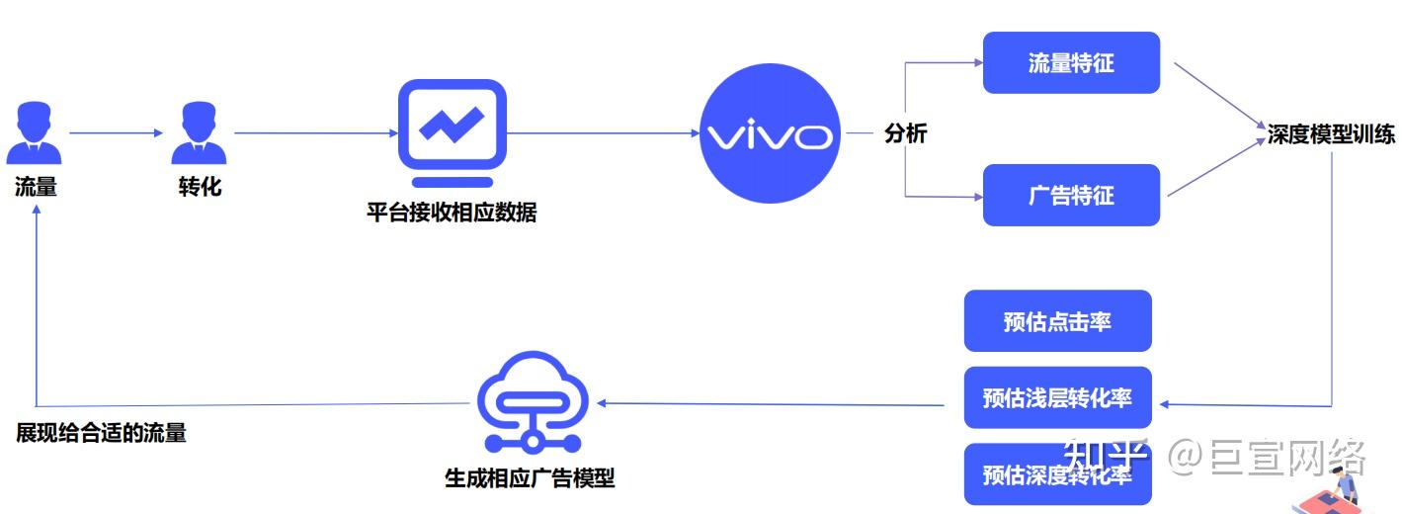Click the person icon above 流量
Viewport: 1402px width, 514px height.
tap(35, 135)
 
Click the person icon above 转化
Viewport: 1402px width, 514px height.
tap(199, 135)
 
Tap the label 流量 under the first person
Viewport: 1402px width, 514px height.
tap(36, 187)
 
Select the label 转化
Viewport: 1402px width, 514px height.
tap(200, 186)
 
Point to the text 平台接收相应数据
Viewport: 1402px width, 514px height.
tap(452, 213)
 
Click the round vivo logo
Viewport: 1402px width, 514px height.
tap(770, 134)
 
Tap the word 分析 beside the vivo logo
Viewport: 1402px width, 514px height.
tap(905, 134)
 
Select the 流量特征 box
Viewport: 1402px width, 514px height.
tap(1071, 63)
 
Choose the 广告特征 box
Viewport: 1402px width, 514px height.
tap(1071, 195)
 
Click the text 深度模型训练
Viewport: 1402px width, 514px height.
tap(1331, 135)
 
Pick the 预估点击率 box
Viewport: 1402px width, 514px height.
tap(1057, 321)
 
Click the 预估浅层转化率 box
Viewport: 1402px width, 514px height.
tap(1057, 397)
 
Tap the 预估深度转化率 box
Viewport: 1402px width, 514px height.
tap(1057, 474)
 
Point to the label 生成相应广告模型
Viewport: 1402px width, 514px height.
tap(530, 478)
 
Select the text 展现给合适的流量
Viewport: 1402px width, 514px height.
tap(101, 433)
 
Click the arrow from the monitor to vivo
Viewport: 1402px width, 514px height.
tap(603, 133)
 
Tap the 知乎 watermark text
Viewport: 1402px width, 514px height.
tap(1106, 458)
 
